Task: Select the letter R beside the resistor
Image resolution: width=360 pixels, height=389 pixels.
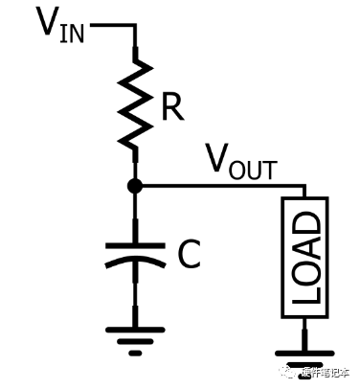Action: (171, 108)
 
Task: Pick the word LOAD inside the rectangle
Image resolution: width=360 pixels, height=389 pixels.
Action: (304, 258)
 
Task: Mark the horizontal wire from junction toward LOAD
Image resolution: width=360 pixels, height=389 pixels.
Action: (220, 185)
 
